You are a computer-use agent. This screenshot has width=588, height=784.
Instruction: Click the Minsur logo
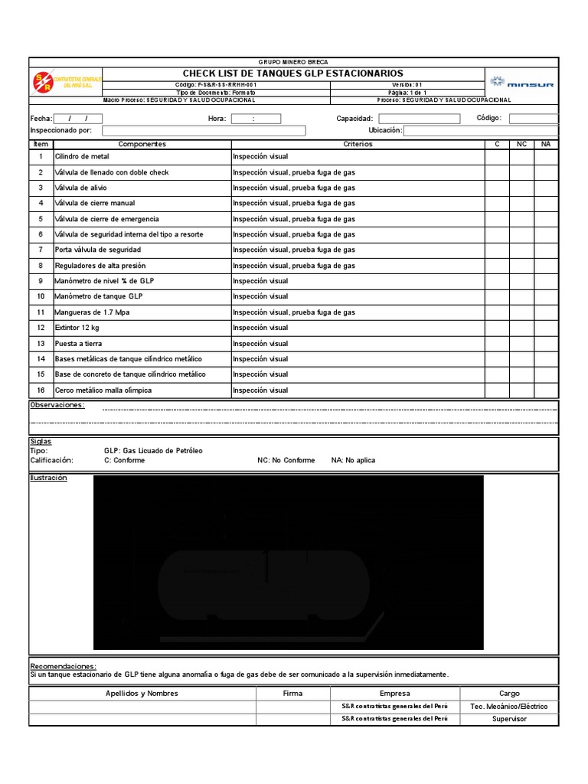coord(521,82)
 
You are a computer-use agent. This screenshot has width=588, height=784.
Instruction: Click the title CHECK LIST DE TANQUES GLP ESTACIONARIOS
coord(292,73)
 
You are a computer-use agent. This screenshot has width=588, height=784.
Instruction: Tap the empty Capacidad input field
coord(419,119)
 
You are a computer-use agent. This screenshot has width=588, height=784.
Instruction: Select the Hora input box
coord(256,119)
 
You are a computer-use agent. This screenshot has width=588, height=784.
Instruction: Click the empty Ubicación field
coord(481,131)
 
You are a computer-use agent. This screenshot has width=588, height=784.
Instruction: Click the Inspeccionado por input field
coord(204,131)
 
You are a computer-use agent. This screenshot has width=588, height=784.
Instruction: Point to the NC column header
coord(521,144)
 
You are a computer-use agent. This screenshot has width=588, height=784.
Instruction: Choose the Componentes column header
coord(142,144)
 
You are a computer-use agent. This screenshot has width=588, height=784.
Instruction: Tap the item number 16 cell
coord(41,390)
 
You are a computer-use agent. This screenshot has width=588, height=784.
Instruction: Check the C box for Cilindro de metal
coord(497,156)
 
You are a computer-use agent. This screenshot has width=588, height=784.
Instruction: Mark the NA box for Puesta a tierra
coord(546,344)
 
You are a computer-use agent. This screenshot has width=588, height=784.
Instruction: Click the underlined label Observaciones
coord(57,405)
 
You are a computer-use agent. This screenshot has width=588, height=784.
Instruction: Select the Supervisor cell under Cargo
coord(509,719)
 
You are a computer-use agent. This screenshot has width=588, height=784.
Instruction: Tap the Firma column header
coord(292,693)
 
